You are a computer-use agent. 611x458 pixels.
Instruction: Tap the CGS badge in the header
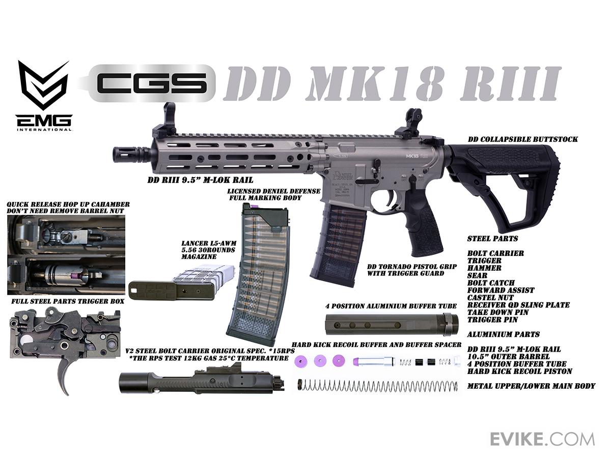(152, 83)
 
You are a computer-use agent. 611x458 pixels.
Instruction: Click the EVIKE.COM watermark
(542, 440)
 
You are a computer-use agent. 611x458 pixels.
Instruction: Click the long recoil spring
(377, 386)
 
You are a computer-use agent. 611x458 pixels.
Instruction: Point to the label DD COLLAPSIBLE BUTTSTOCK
(523, 139)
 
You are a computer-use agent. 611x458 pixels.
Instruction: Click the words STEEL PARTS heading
(492, 238)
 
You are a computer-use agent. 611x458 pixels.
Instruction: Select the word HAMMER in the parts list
(485, 268)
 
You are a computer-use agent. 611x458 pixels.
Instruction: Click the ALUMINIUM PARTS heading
(503, 334)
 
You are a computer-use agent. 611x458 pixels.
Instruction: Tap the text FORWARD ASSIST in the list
(501, 290)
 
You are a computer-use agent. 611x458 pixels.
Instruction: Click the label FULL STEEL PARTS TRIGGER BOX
(68, 301)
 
